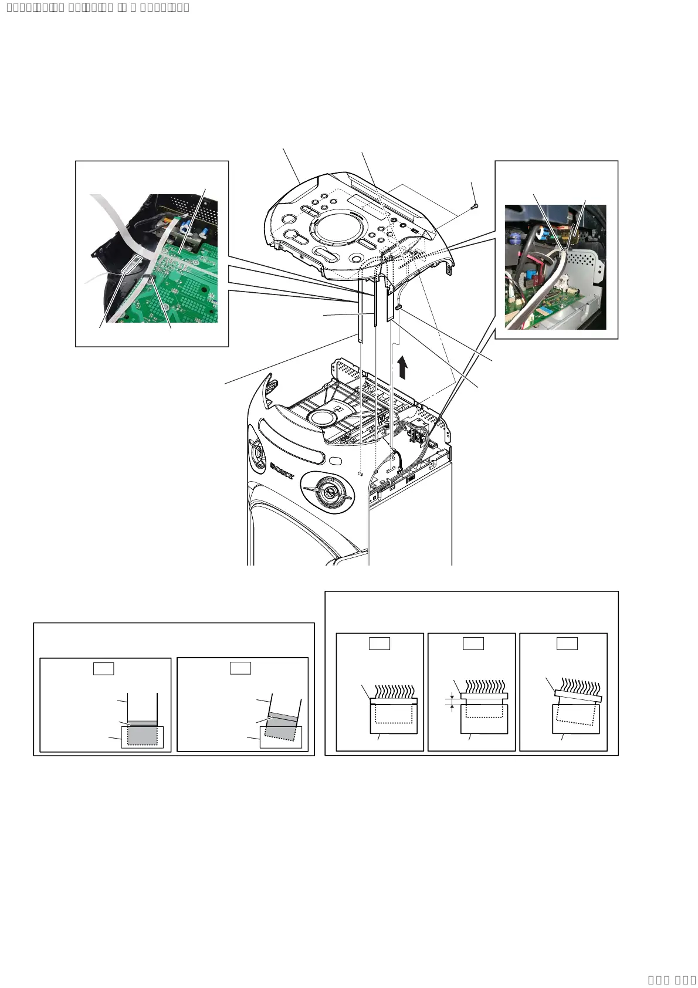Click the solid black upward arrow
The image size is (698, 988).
coord(402,367)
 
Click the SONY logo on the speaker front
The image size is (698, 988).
coord(282,471)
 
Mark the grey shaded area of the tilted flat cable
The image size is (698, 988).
coord(281,727)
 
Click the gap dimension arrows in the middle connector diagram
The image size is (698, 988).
coord(452,702)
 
